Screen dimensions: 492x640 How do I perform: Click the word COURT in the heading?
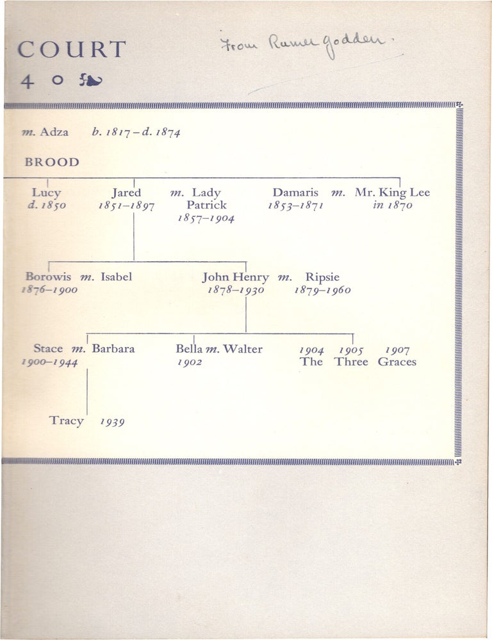(72, 49)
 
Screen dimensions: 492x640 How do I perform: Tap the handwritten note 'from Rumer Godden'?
(302, 45)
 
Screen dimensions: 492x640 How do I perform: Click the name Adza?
(54, 132)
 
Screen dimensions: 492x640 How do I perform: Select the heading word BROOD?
(52, 162)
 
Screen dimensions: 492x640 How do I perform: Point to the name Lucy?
(46, 193)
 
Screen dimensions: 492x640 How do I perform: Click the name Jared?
(126, 193)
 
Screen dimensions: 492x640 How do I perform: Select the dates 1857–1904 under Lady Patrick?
(206, 218)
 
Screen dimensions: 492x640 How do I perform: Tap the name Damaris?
(295, 192)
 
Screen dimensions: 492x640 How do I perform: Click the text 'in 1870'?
(392, 205)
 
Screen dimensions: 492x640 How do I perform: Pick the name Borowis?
(48, 276)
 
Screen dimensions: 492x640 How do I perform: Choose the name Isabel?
(117, 276)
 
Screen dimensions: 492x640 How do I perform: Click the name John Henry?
(235, 278)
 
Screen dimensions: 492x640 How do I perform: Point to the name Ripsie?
(322, 278)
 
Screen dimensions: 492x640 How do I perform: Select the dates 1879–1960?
(322, 290)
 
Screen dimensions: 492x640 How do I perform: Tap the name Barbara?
(113, 349)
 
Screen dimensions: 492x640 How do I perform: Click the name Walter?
(243, 349)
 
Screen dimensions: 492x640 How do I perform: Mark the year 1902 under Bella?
(190, 362)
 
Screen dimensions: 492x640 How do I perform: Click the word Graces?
(397, 362)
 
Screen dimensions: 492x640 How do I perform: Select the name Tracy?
(66, 421)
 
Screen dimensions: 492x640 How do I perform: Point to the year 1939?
(112, 422)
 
